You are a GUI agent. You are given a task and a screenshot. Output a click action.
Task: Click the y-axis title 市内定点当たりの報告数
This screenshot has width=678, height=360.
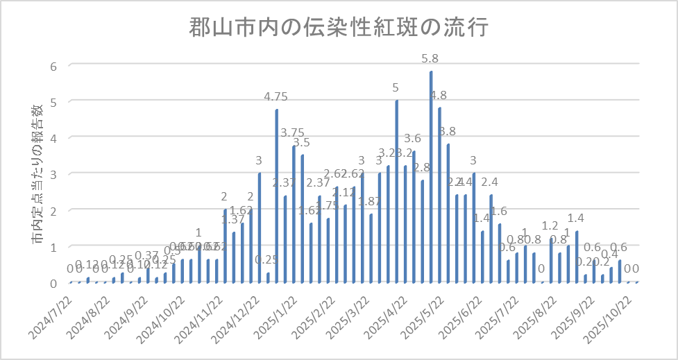pos(38,173)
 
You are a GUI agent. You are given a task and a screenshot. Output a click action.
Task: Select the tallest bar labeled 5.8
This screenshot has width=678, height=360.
pos(431,177)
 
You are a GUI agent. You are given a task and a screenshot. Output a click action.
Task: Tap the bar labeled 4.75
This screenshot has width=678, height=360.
pos(277,196)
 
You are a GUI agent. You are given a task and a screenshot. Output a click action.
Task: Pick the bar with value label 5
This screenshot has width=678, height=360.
pos(396,191)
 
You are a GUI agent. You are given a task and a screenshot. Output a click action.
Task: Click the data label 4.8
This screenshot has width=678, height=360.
pos(439,95)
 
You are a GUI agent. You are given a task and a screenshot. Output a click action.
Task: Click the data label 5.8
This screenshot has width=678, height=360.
pos(430,58)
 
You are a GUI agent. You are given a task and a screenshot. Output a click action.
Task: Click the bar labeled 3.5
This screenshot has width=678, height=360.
pos(303,219)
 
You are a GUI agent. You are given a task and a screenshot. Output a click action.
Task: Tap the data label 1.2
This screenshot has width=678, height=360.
pos(550,225)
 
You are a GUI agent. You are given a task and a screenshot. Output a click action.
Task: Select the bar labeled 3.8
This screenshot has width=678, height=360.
pos(448,214)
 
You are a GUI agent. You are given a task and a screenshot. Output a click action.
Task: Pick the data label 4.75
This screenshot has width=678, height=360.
pos(276,96)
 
